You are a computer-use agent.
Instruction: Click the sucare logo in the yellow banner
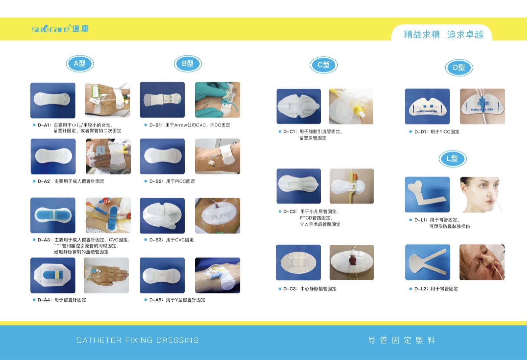click(60, 29)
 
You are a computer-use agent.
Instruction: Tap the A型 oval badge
click(80, 64)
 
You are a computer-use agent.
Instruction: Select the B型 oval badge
click(188, 64)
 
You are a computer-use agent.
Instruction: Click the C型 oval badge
click(323, 65)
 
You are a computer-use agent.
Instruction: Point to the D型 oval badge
click(459, 68)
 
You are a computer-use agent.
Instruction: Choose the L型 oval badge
click(453, 159)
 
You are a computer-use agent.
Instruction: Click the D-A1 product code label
click(44, 125)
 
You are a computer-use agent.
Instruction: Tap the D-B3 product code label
click(156, 240)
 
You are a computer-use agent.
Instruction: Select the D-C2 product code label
click(290, 211)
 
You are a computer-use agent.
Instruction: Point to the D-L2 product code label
click(421, 289)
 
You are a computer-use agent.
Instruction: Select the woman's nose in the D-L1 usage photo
click(490, 194)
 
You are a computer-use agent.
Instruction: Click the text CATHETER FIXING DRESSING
click(138, 340)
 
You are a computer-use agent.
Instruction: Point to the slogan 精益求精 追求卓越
click(443, 35)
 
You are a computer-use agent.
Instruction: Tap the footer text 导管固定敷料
click(402, 340)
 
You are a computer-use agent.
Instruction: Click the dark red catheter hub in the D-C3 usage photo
click(352, 261)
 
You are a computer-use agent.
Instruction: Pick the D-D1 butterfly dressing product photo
click(427, 106)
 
